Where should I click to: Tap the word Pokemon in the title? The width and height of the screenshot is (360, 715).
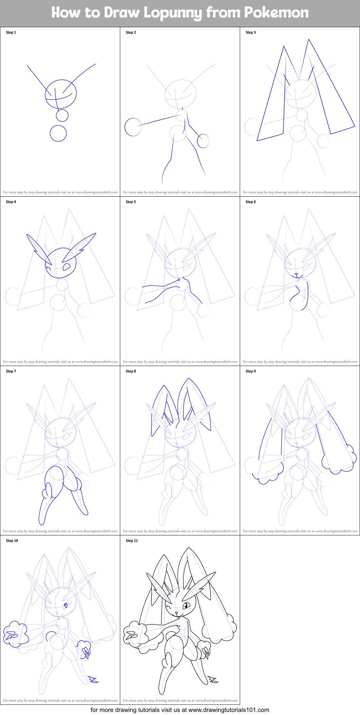[276, 13]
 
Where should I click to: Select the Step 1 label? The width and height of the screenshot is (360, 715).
[11, 33]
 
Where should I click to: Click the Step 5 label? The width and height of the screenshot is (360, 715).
[131, 202]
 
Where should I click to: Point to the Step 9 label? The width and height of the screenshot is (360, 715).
[251, 371]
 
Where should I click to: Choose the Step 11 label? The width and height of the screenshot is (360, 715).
[132, 541]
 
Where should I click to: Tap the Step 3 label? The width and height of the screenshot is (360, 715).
[251, 33]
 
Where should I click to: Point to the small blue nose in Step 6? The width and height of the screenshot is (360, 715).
[296, 274]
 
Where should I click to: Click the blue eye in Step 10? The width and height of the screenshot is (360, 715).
[66, 605]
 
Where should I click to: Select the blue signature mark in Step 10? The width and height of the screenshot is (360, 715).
[93, 679]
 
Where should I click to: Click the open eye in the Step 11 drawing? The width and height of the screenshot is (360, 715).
[186, 605]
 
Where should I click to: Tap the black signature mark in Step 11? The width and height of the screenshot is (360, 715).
[213, 679]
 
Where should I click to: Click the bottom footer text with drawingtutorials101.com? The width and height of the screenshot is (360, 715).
[180, 710]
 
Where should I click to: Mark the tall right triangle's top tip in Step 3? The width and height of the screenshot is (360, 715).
[309, 39]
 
